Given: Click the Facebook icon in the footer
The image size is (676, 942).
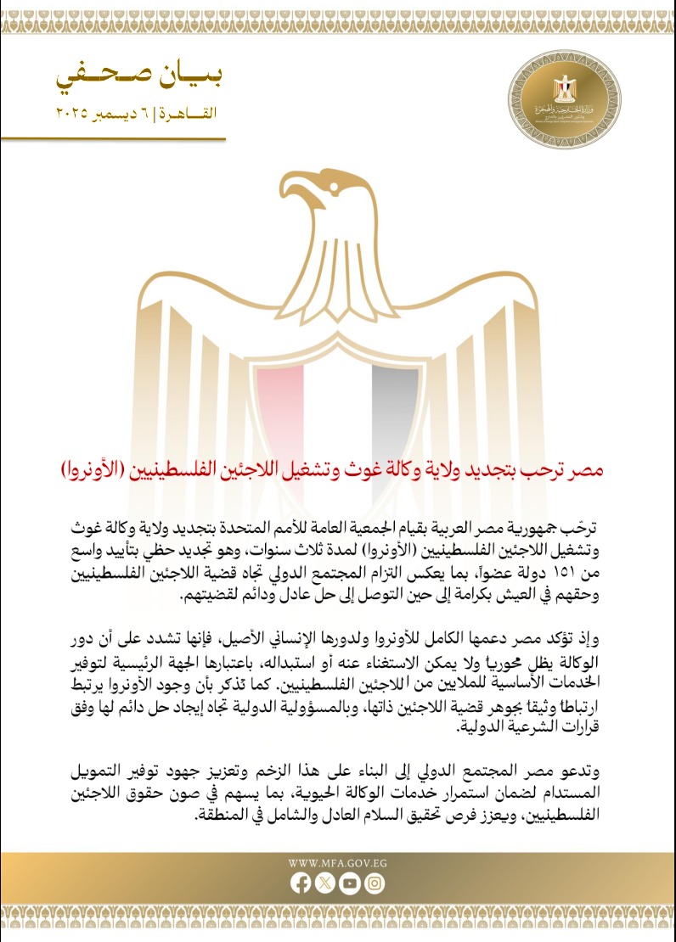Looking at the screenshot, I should point(300,883).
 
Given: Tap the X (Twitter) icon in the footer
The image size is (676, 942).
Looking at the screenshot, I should point(324,883).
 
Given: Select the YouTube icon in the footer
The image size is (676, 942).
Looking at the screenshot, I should point(349,883).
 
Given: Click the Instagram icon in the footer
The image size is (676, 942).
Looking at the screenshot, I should point(375,883).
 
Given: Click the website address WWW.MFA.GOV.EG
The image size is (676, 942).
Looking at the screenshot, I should point(338,862).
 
